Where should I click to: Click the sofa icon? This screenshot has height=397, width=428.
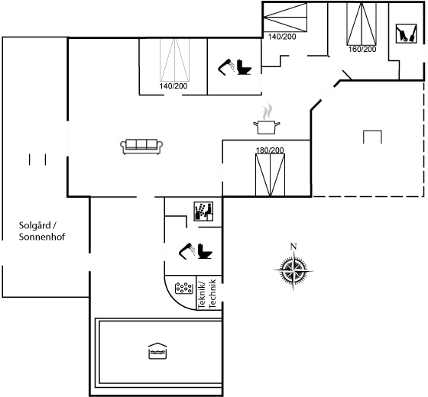pyautogui.click(x=141, y=146)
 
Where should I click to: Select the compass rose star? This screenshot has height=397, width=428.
pyautogui.click(x=293, y=269)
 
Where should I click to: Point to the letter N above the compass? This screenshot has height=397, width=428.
pyautogui.click(x=293, y=246)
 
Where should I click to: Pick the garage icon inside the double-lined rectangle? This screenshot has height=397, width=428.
pyautogui.click(x=158, y=351)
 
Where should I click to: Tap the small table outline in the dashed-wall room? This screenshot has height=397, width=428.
pyautogui.click(x=372, y=137)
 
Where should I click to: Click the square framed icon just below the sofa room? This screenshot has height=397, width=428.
pyautogui.click(x=203, y=210)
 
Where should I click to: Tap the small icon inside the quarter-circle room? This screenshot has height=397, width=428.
pyautogui.click(x=184, y=288)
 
